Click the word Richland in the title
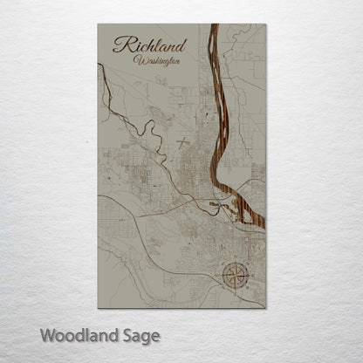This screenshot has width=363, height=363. coord(148,44)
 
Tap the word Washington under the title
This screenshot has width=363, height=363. coord(158,60)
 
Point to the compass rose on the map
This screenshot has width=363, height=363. coord(235,276)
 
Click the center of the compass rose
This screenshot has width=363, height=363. coord(235,276)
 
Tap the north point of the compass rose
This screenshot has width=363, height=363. coord(235,262)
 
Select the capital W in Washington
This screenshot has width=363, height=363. coord(140,60)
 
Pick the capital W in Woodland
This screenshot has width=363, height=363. coord(48,334)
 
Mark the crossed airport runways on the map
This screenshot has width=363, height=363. coord(183,140)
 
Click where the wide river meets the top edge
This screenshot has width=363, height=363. coord(213,25)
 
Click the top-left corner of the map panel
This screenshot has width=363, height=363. coord(98,24)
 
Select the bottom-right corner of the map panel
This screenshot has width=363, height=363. coord(264,307)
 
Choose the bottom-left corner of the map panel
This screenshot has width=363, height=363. coord(98,307)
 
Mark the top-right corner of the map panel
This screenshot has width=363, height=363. coord(264,24)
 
